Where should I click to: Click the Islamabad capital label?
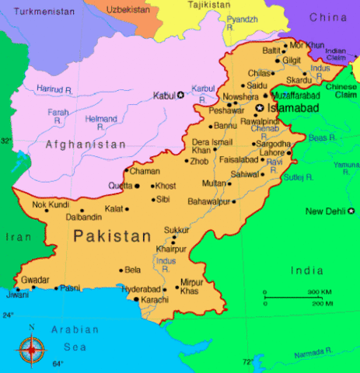(293, 109)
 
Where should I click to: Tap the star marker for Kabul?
(181, 95)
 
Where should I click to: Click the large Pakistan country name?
(112, 235)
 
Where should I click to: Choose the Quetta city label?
(120, 186)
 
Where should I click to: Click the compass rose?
(31, 349)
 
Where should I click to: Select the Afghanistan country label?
(86, 145)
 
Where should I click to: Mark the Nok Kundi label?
(51, 204)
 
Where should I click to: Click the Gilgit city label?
(292, 60)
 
